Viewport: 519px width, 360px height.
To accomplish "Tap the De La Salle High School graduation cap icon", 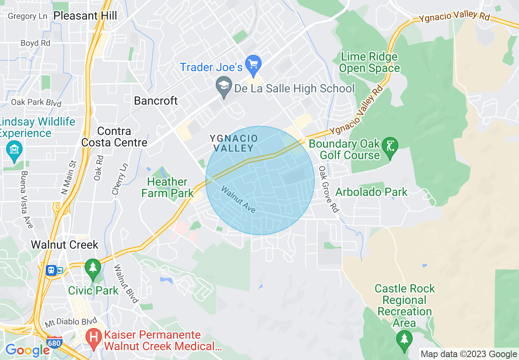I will point(223,88).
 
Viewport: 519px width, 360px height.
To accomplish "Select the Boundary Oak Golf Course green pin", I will point(389,146).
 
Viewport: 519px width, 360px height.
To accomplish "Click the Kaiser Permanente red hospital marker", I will point(94,339).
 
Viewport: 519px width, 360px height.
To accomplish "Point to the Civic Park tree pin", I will point(93,268).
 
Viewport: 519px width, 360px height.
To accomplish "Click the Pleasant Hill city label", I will point(85,16).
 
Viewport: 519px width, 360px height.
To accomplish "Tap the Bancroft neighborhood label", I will point(156,101).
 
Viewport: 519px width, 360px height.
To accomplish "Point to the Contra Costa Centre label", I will point(114,137).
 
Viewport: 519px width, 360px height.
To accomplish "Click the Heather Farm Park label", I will point(167,187).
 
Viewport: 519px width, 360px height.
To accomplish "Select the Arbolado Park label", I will point(371,192).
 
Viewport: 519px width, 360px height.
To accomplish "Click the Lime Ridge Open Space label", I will point(369,63).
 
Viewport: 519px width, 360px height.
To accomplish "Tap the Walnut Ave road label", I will point(238,200).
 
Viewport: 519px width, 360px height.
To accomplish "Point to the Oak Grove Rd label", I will point(329,189).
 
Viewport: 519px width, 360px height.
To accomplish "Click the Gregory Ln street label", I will point(28,16).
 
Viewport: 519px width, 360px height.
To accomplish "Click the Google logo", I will point(27,350).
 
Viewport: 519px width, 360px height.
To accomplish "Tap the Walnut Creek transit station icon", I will point(51,270).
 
